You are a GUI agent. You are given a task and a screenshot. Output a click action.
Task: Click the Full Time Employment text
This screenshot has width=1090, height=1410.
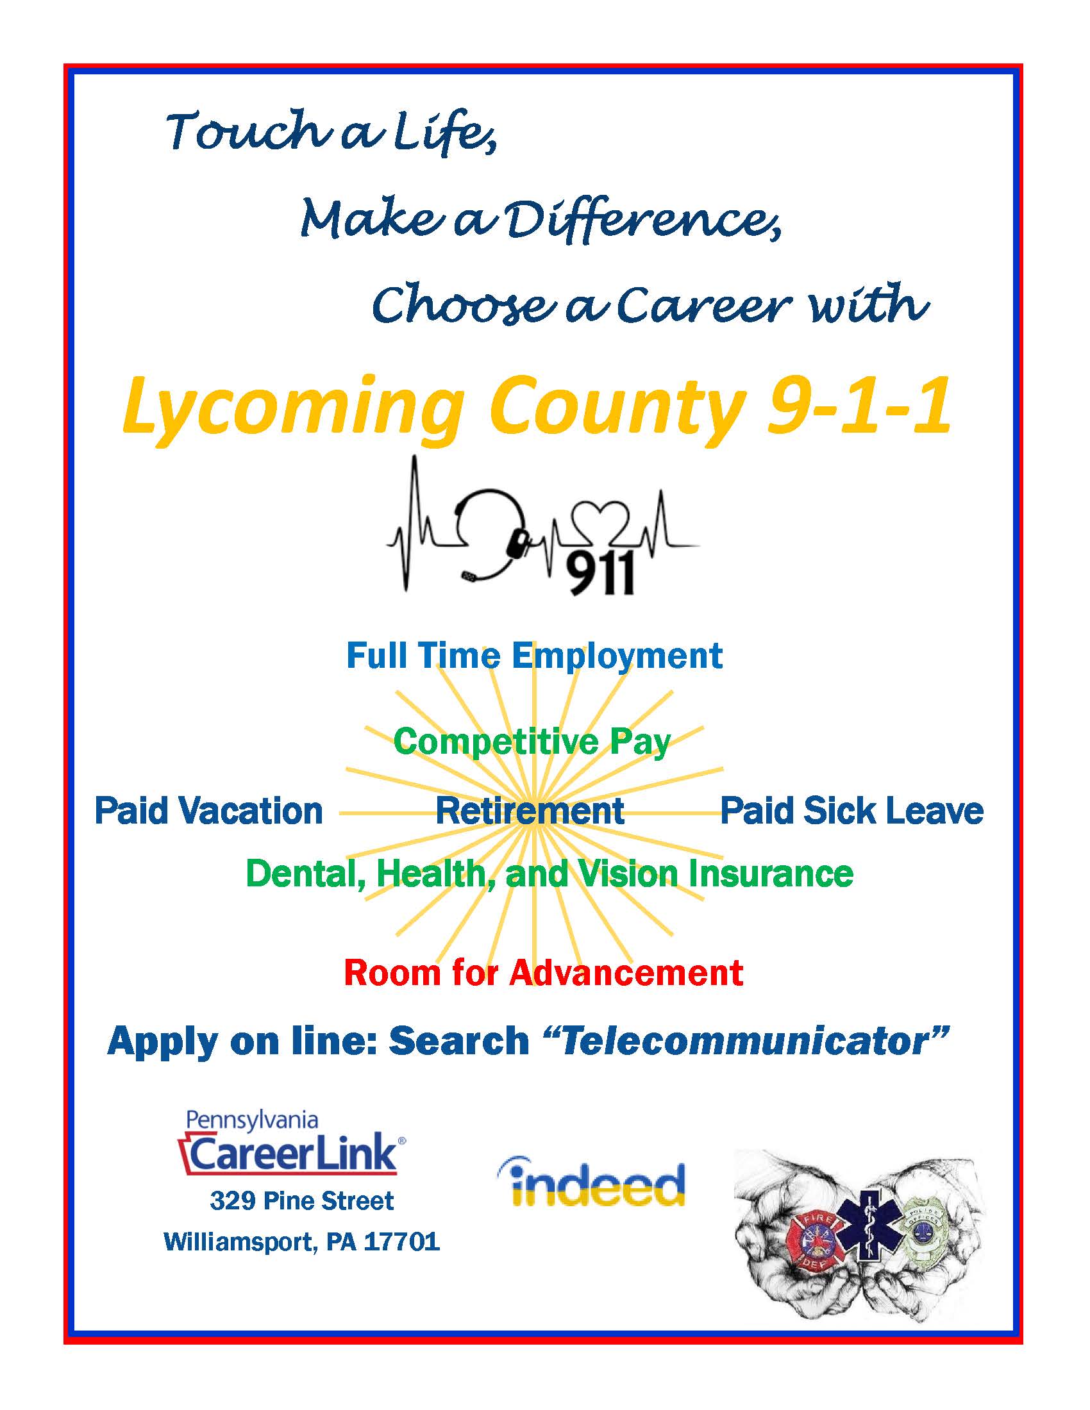click(x=534, y=656)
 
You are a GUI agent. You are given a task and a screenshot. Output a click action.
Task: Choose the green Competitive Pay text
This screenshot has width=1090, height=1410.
click(x=533, y=741)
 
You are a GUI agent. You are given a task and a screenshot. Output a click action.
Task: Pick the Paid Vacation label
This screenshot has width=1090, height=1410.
click(x=208, y=811)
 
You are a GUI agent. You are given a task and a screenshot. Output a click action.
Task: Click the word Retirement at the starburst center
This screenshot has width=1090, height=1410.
click(x=530, y=811)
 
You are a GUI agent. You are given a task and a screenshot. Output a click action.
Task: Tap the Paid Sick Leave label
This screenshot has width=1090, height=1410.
click(x=851, y=811)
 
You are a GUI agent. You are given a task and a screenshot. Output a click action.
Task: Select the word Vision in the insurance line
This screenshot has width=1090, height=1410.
click(x=628, y=874)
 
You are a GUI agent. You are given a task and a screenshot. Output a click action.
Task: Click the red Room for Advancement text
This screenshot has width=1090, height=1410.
click(x=544, y=972)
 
